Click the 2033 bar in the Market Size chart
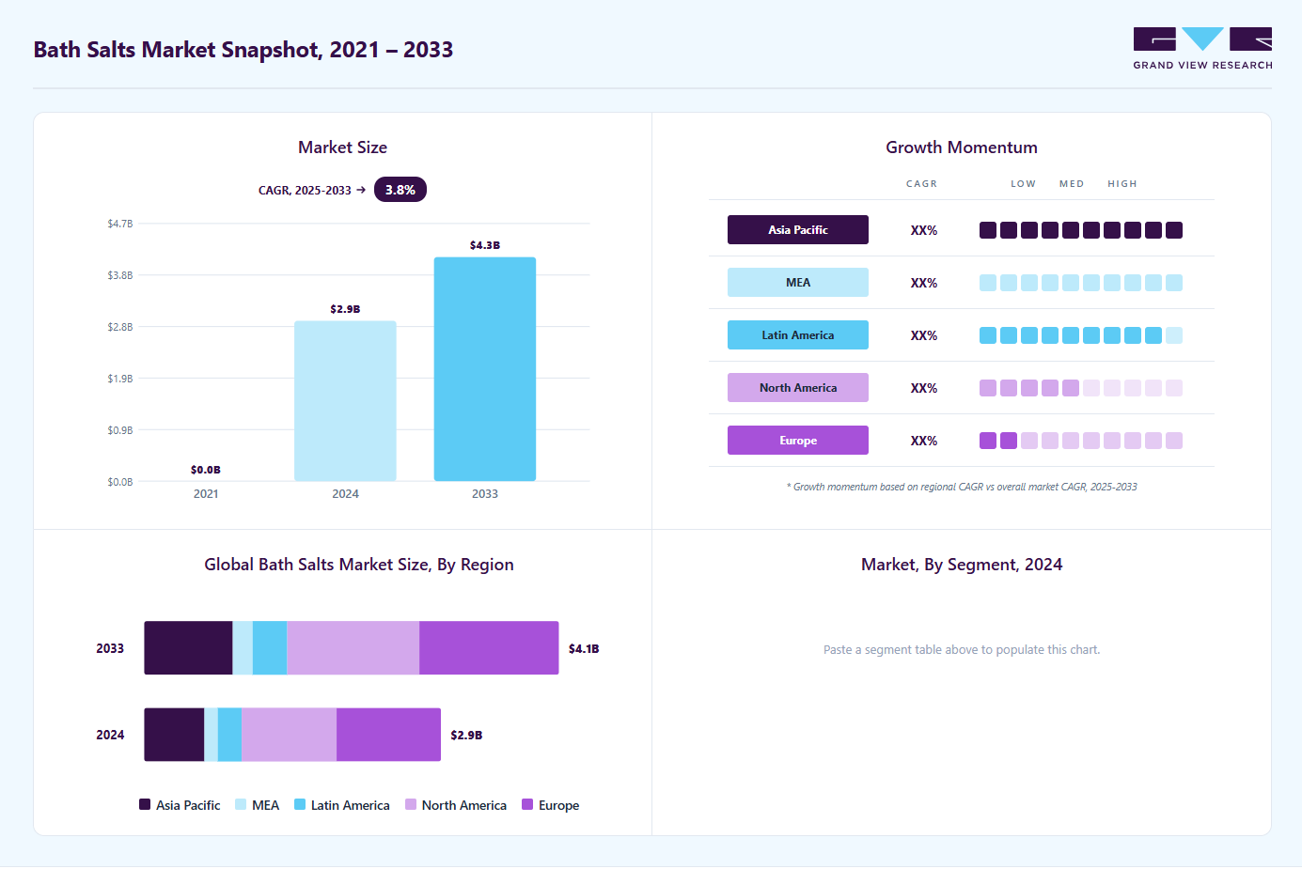click(x=485, y=369)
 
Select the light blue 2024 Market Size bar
click(x=345, y=401)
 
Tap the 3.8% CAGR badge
click(x=400, y=190)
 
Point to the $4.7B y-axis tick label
click(x=120, y=224)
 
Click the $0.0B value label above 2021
click(x=206, y=470)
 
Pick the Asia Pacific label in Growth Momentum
click(x=798, y=230)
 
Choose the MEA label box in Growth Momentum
click(x=798, y=283)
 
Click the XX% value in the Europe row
click(x=923, y=441)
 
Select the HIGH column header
click(x=1122, y=183)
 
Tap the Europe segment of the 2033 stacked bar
click(x=489, y=647)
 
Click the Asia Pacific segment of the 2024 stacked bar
click(x=174, y=735)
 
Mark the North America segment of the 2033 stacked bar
click(x=353, y=647)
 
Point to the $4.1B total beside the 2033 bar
click(x=584, y=648)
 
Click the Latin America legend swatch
click(x=300, y=804)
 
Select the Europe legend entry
click(x=551, y=804)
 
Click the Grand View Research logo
click(x=1202, y=48)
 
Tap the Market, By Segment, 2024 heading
click(x=962, y=565)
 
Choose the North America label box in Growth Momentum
click(x=798, y=387)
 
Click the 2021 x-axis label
click(x=206, y=494)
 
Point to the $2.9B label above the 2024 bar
click(x=345, y=309)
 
